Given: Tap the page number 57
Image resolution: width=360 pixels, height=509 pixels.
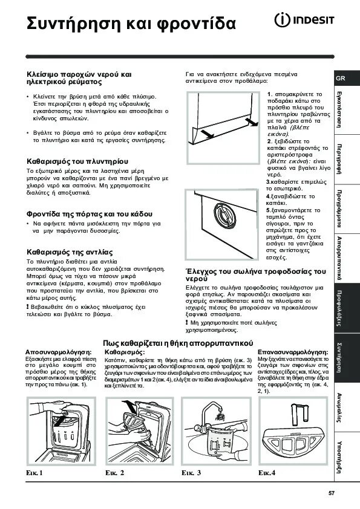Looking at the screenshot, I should pyautogui.click(x=331, y=493).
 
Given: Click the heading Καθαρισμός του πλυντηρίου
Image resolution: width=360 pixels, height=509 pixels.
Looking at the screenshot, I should pyautogui.click(x=76, y=162).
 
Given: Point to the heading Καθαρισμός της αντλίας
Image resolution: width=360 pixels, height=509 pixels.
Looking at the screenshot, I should pyautogui.click(x=70, y=251).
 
